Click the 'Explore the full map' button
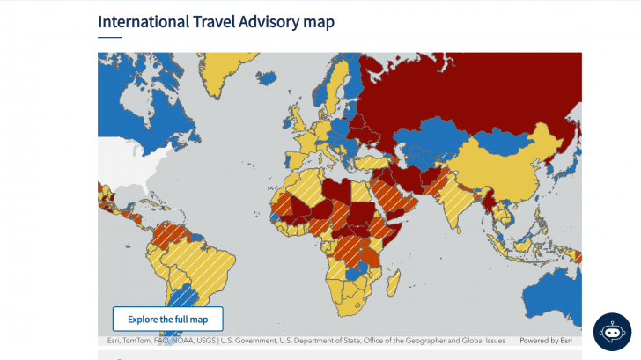[167, 319]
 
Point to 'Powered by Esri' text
[549, 341]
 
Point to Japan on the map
[569, 158]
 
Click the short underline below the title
[109, 38]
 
